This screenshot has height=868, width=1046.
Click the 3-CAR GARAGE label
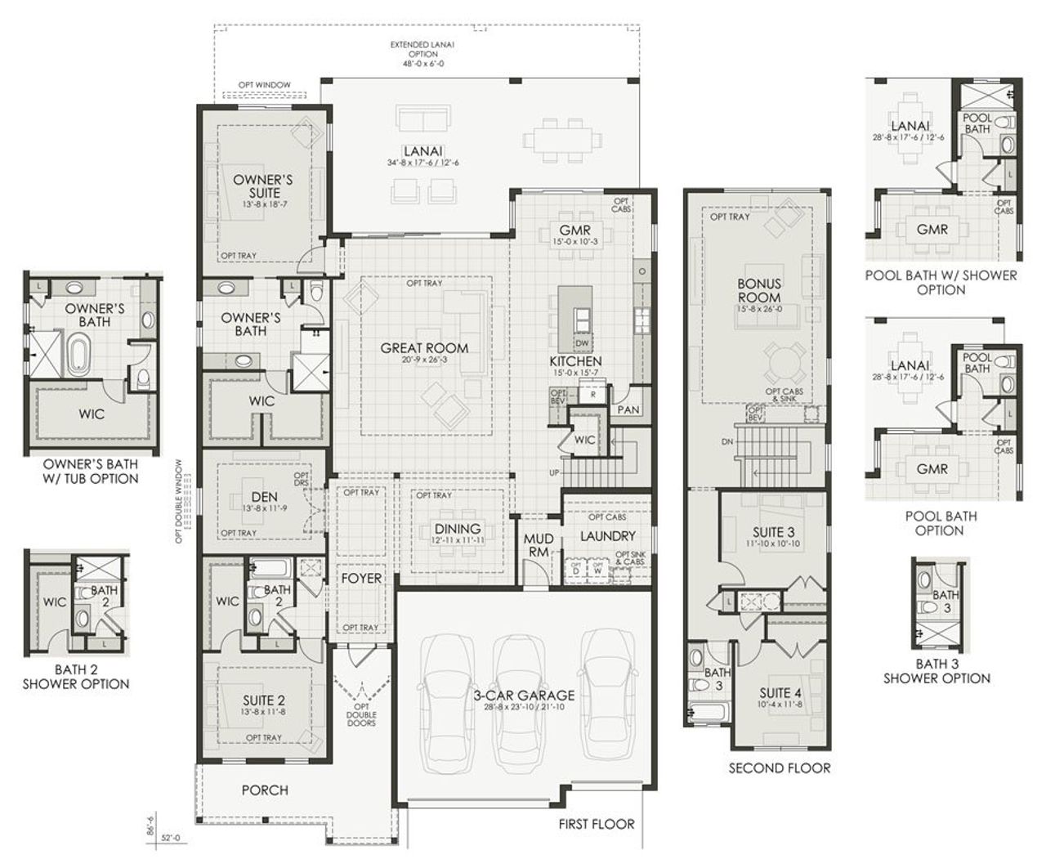(525, 696)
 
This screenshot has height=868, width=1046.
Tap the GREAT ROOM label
(424, 348)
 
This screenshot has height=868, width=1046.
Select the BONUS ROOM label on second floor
(758, 291)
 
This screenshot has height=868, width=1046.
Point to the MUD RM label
(539, 547)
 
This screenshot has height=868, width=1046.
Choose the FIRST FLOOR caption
(596, 824)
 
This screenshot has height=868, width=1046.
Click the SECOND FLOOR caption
(779, 768)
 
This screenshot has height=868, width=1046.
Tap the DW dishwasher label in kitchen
(583, 344)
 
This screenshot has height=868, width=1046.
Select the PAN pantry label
(628, 409)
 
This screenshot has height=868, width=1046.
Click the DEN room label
(265, 496)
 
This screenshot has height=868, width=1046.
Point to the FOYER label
(361, 579)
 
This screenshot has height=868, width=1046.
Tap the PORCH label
(265, 790)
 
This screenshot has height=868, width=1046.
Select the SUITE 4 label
(780, 693)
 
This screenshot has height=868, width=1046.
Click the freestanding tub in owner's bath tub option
(78, 356)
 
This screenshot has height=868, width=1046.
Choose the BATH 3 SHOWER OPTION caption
(936, 671)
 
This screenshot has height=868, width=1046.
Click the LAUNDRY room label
(607, 536)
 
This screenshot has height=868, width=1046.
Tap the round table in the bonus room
(780, 357)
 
